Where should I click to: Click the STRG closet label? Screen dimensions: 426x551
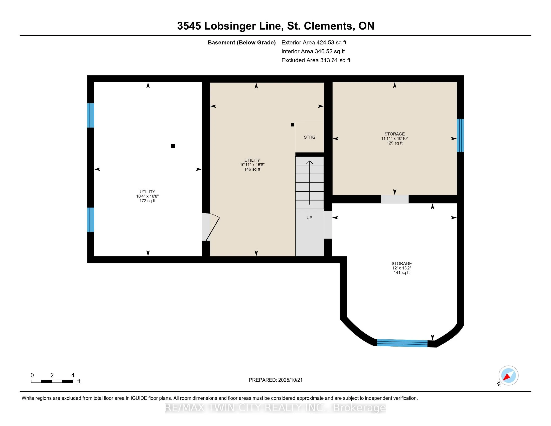(310, 137)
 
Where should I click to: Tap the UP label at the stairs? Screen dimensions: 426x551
(309, 218)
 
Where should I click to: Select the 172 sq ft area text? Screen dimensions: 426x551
(147, 201)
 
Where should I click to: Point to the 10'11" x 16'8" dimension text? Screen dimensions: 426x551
(252, 165)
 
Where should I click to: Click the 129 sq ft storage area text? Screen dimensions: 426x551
(394, 143)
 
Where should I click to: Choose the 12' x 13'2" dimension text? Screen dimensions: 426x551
(401, 268)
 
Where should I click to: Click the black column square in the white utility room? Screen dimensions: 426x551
(173, 146)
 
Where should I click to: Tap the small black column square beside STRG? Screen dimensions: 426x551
(292, 125)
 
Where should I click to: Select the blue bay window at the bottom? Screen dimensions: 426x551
(402, 343)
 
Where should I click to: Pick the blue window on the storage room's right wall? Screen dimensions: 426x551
(460, 136)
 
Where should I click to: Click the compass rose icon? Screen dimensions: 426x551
(508, 376)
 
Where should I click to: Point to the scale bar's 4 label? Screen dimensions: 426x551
(73, 375)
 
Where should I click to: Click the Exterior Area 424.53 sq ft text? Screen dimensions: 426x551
(314, 43)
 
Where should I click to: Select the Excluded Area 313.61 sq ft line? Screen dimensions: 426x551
(316, 60)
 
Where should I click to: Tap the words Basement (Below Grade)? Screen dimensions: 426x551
(241, 43)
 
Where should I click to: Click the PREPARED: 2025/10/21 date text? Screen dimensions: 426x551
(275, 380)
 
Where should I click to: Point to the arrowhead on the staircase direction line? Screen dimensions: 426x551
(310, 162)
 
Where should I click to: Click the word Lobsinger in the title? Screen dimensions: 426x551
(230, 26)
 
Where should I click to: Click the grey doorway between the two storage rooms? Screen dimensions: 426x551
(394, 199)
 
